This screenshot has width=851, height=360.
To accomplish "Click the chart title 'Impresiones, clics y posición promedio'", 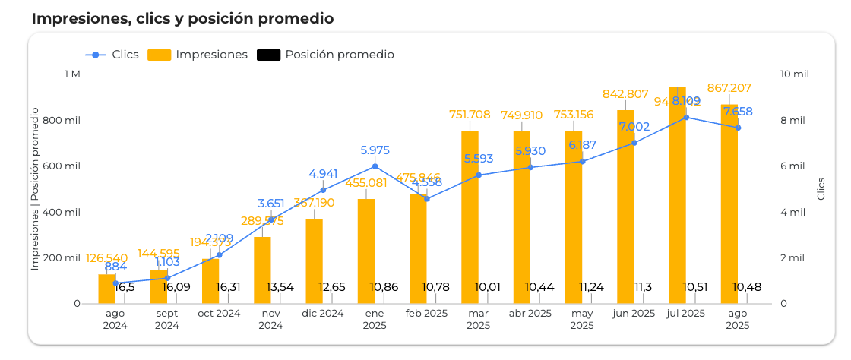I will (x=182, y=18).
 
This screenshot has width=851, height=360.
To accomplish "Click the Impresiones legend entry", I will (x=198, y=55).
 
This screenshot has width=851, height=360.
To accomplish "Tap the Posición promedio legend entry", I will (x=326, y=55).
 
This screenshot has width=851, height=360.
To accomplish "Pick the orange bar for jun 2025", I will (x=625, y=205).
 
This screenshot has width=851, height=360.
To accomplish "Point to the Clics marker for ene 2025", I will (x=375, y=166).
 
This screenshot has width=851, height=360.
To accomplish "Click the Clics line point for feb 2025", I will (x=426, y=199).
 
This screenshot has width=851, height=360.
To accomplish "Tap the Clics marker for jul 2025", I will (x=686, y=117).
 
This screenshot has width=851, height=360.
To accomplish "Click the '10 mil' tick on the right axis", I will (x=794, y=74).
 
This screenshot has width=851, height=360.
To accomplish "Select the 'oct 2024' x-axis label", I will (x=218, y=314).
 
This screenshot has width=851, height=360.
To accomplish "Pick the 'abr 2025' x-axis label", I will (x=530, y=314).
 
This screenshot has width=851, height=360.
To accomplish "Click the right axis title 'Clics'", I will (x=821, y=189).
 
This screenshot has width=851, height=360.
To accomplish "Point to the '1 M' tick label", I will (x=72, y=74).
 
